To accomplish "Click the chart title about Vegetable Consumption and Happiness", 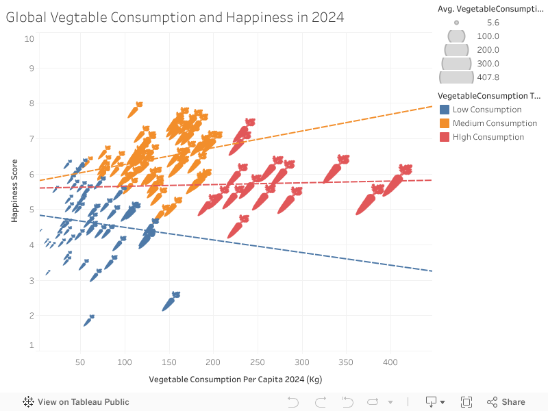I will pos(175,17).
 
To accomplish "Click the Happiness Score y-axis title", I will pos(14,191).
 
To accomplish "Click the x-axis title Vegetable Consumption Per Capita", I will pos(235,379).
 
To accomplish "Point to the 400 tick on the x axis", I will pos(390,362).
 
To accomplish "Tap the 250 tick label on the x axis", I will pos(257,362).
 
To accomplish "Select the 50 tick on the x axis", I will pos(80,362).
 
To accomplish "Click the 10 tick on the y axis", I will pos(29,39).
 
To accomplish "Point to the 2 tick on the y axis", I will pos(31,316).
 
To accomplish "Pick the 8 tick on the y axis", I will pos(31,103).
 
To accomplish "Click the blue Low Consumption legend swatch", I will pos(444,110).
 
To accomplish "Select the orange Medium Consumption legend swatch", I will pos(444,123).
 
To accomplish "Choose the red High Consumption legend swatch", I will pos(444,137).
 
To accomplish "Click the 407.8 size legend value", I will pos(488,77).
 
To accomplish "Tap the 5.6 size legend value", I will pos(488,23).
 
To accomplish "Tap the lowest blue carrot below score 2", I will pos(88,321).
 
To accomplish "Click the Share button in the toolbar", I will pos(506,402).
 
